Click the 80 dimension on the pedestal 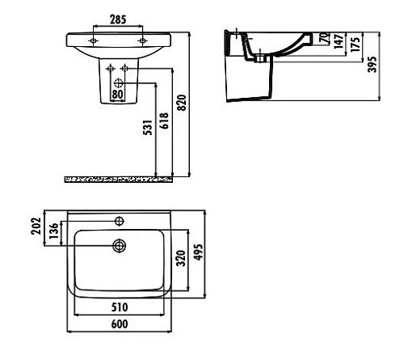point(118,94)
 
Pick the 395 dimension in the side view point(372,65)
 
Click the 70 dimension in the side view point(325,39)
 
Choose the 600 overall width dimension point(118,324)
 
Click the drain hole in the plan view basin point(119,246)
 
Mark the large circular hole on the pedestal point(119,82)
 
